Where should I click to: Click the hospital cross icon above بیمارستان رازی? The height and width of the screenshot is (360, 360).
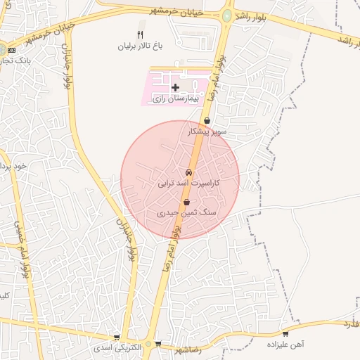point(174,86)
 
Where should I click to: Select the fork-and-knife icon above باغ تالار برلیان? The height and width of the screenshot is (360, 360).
point(140,34)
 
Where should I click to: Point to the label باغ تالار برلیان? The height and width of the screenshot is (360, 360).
point(140,46)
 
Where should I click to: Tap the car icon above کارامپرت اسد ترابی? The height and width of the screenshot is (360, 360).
point(188,172)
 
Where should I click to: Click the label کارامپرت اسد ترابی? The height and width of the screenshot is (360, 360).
point(188,183)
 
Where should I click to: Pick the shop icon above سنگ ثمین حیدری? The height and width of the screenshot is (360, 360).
point(185,201)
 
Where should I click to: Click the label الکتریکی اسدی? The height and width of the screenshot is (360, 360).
point(117,348)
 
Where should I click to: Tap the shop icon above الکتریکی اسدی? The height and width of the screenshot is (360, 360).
point(117,337)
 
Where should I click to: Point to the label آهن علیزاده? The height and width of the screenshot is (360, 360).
point(284,345)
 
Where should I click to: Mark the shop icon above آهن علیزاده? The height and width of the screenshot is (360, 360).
point(285,334)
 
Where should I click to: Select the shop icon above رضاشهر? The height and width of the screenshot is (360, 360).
point(158,344)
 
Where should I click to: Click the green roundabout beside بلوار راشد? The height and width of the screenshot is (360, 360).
point(227,15)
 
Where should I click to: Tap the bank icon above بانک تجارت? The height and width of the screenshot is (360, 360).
point(10,49)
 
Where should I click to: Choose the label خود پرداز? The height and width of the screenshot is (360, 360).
point(13,167)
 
